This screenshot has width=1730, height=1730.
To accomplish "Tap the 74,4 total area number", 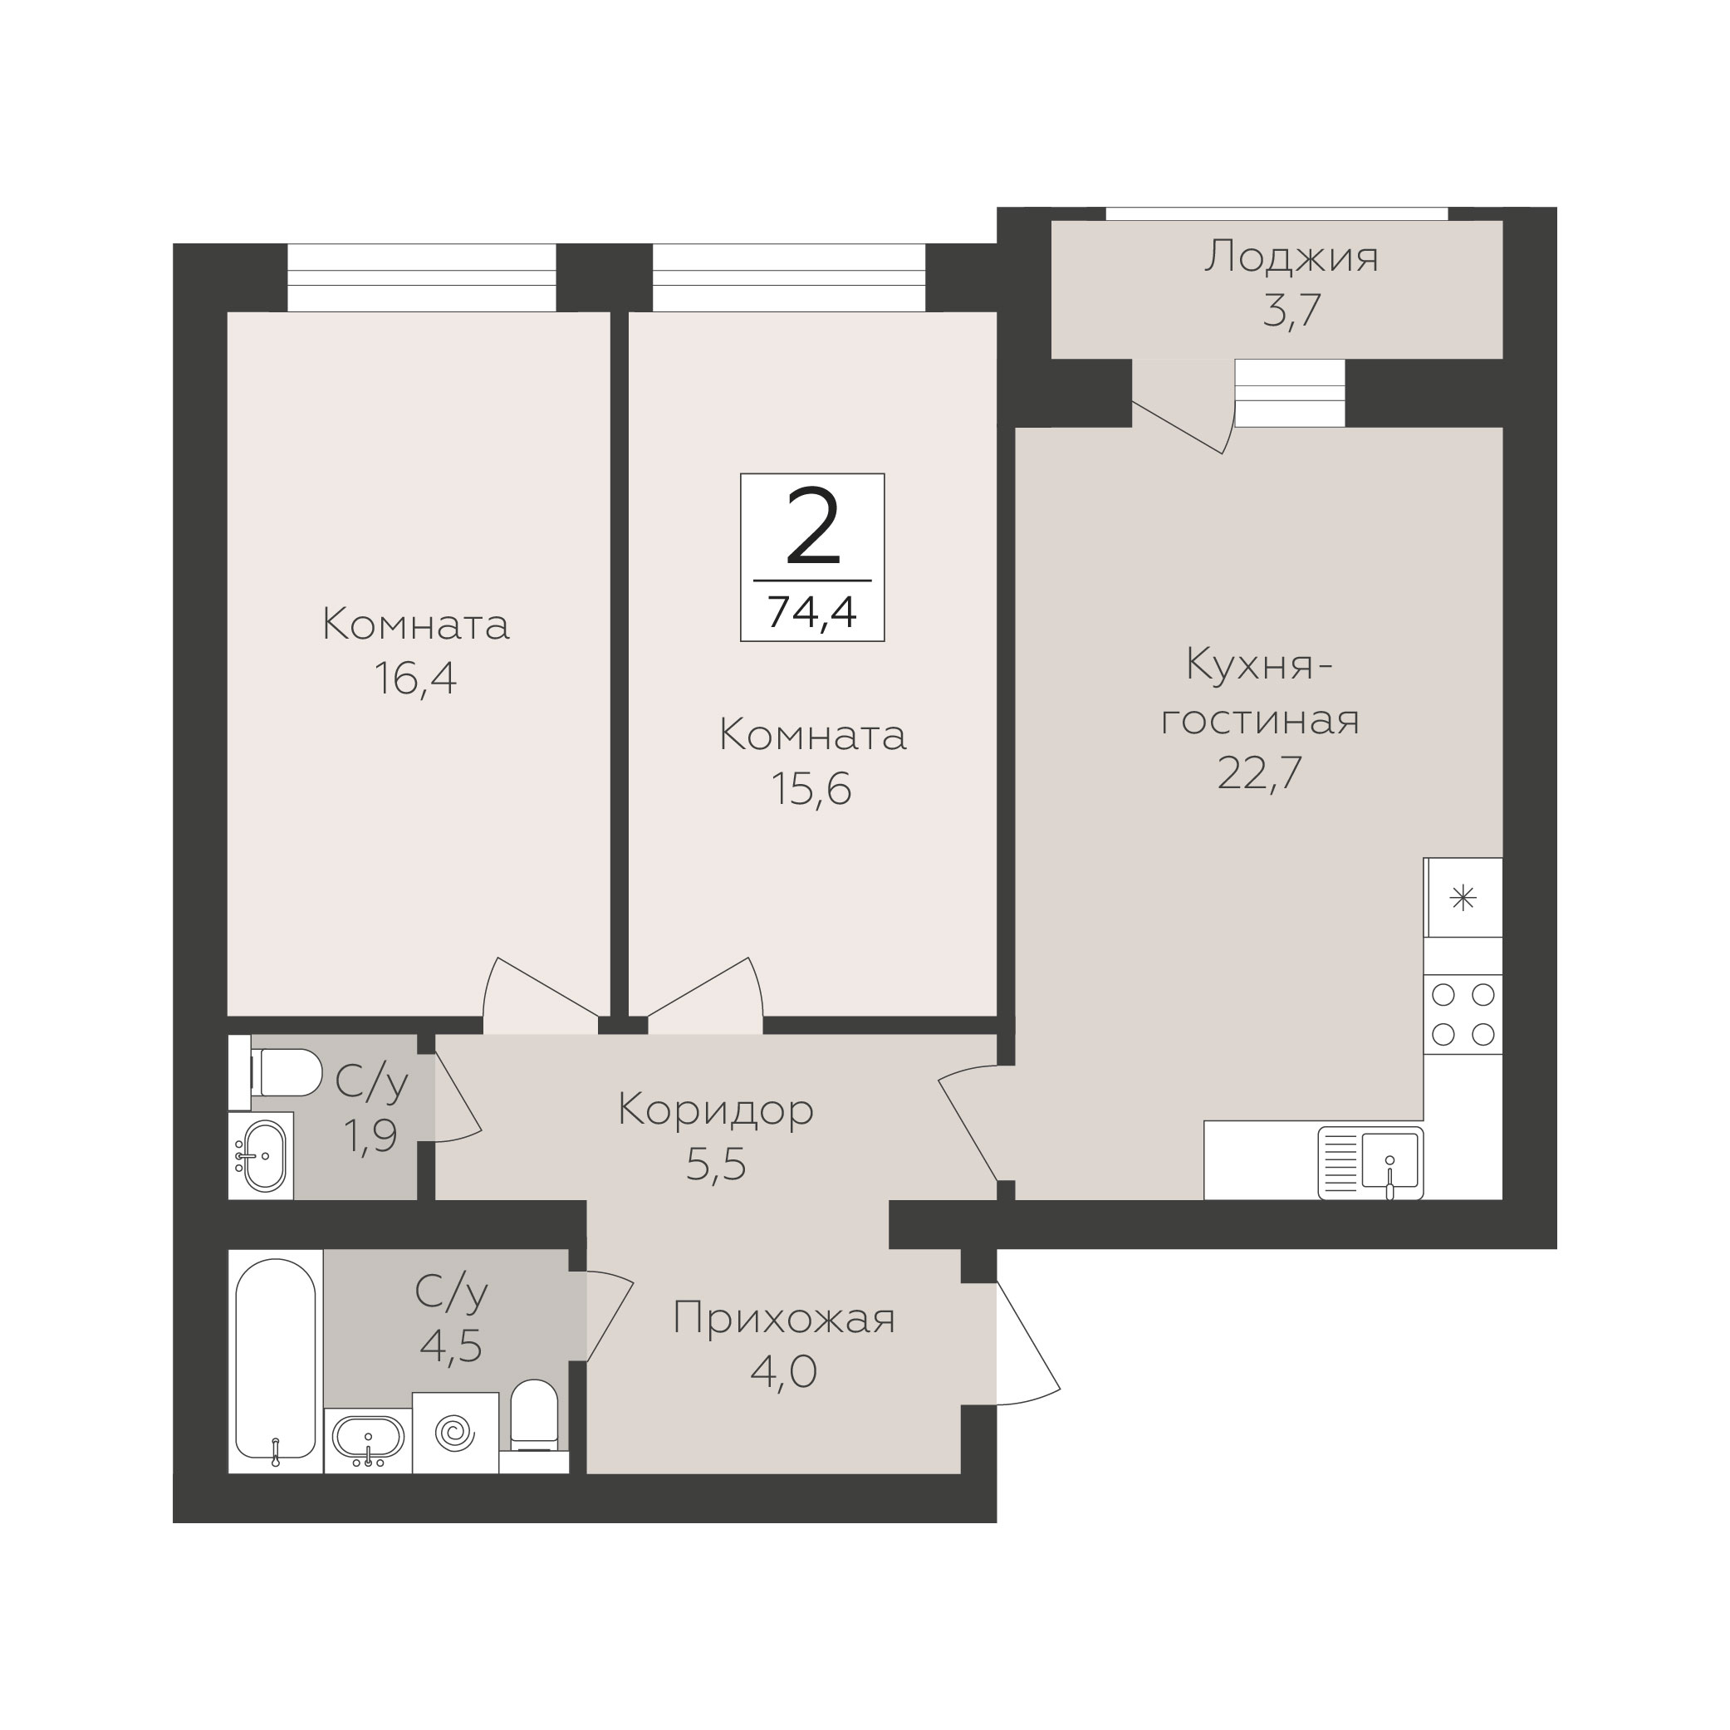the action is point(812,612).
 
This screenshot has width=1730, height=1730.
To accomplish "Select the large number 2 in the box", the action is point(812,529).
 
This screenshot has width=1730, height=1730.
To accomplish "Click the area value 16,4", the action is point(415,679).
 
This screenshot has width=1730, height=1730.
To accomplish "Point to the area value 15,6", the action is point(811,789).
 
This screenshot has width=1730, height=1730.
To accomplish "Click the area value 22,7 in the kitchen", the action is point(1260,772).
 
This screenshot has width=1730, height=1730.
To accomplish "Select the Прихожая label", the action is point(783,1319).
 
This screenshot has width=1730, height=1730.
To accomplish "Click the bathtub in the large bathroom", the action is point(275,1360).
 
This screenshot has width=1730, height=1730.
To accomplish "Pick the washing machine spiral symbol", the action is point(456,1433).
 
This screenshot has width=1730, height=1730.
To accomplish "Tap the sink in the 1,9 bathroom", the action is point(262,1155).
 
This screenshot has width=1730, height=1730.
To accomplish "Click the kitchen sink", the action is point(1370,1162).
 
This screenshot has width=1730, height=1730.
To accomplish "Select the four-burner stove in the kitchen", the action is point(1463,1013).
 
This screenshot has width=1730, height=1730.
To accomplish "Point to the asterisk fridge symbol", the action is point(1463,898).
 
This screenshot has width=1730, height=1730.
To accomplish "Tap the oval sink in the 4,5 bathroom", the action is point(368,1439).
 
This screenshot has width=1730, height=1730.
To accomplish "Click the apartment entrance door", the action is point(1028,1343).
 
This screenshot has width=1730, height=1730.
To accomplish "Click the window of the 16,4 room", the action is point(422,277).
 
